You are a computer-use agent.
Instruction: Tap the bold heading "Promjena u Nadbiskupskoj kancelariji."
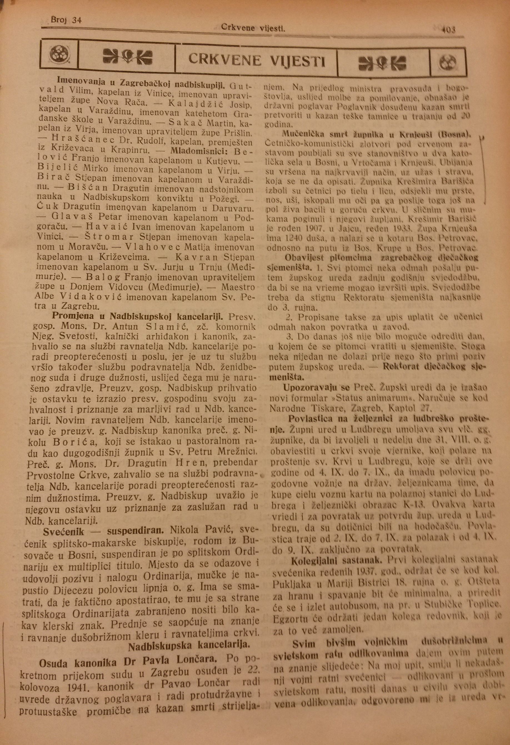[137, 316]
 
